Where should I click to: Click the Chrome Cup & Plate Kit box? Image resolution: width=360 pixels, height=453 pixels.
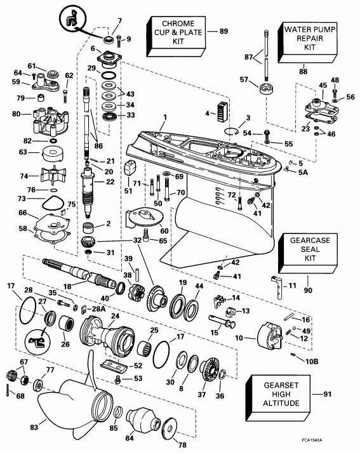[x=176, y=31]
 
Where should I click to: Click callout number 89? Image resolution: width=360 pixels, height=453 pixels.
[x=223, y=31]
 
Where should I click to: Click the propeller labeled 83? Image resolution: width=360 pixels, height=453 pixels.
[x=70, y=405]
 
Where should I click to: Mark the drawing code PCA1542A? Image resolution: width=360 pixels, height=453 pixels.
[x=330, y=443]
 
